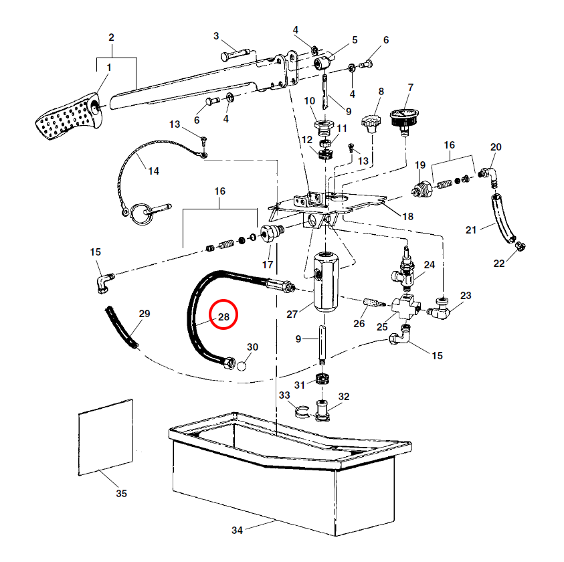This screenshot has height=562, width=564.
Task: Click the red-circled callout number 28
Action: pos(223,316)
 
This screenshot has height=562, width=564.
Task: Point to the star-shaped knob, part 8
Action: pos(371,123)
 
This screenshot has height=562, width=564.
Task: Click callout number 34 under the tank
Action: pos(237,530)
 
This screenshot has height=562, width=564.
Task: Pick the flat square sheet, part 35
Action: pos(106,437)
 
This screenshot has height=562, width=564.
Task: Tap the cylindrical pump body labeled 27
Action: pos(326,282)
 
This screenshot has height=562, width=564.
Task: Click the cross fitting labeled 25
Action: pos(406,307)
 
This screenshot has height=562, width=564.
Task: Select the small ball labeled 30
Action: pos(242,367)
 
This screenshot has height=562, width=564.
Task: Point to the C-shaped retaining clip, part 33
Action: pos(302,412)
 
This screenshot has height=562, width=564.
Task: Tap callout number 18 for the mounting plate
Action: pos(408,216)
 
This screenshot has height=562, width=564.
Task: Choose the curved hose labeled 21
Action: pos(503,218)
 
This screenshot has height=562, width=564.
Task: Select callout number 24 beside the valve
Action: pos(430,265)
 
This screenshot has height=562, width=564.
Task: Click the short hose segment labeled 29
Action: pos(121,327)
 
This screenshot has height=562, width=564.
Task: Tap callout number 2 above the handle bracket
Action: pos(111,37)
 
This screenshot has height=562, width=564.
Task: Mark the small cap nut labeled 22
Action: pos(520,246)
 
